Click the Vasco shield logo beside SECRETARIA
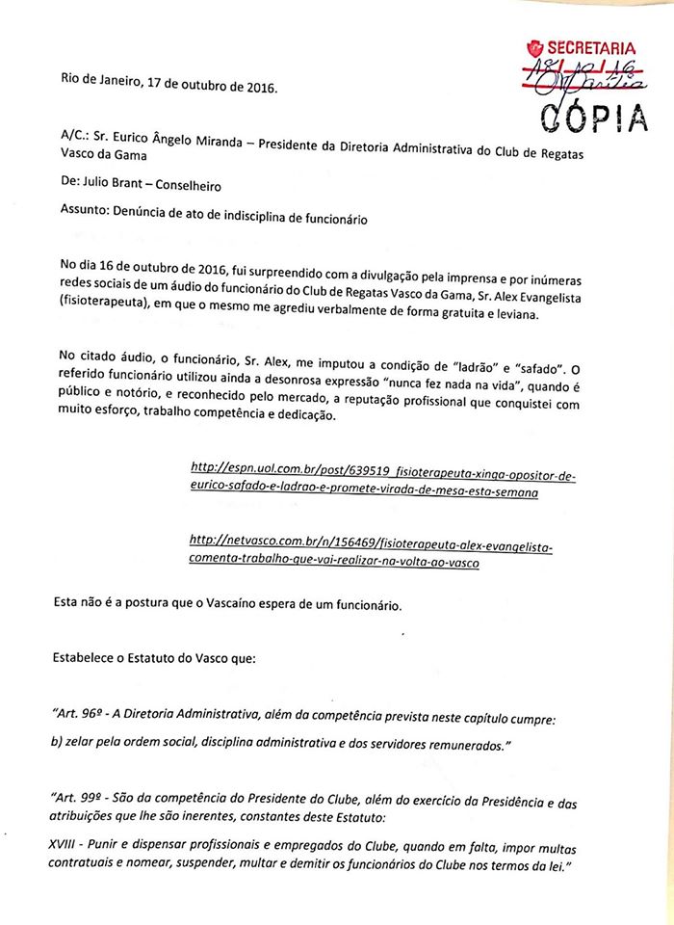pos(535,47)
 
